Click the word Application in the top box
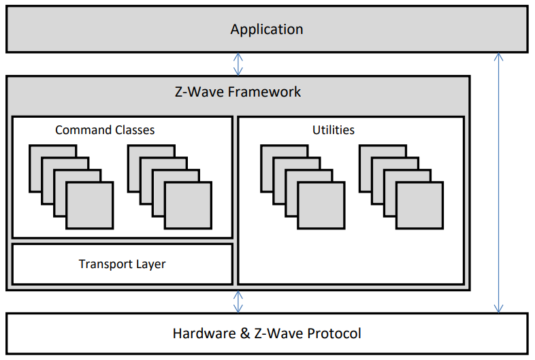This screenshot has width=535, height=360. tap(266, 29)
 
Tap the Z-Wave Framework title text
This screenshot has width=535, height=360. tap(238, 92)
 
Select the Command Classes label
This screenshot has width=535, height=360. tap(105, 130)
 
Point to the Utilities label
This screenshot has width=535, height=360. tap(334, 130)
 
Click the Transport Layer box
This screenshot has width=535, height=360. tap(123, 264)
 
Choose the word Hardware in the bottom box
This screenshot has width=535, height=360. tap(204, 333)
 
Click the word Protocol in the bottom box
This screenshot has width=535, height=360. tap(334, 333)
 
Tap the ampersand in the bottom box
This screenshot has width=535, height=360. tap(245, 333)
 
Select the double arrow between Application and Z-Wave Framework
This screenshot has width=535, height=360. tap(238, 64)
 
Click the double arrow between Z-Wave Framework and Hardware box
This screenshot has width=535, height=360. tap(238, 301)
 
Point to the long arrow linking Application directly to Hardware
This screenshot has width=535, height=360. tap(498, 183)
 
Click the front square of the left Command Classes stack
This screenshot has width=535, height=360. tap(90, 206)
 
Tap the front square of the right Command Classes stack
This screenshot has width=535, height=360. tap(188, 206)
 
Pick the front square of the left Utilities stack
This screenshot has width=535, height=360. tap(321, 206)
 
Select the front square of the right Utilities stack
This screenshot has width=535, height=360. tap(419, 206)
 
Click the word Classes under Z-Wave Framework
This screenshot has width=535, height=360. tap(135, 130)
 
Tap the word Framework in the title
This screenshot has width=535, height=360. tap(264, 92)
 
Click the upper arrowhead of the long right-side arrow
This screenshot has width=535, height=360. tap(498, 56)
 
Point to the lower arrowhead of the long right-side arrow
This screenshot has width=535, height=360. tap(498, 309)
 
